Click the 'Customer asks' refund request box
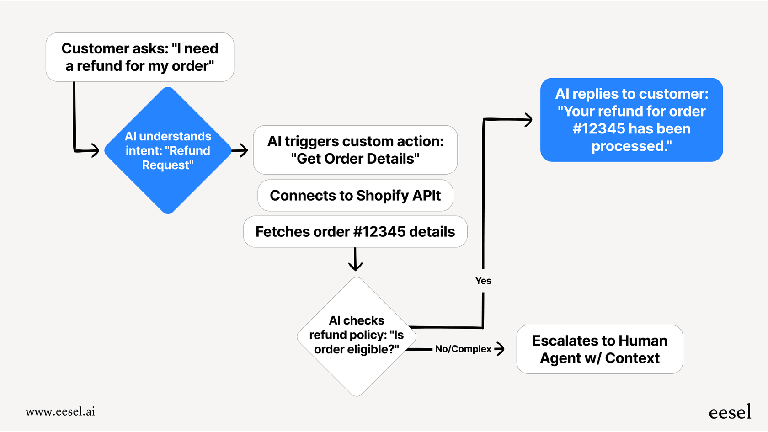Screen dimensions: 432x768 (x=140, y=57)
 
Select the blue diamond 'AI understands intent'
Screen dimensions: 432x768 (x=168, y=150)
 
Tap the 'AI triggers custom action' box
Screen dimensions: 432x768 (x=355, y=150)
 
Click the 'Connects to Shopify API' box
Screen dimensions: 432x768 (x=355, y=196)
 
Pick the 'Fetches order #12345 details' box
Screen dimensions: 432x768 (x=355, y=232)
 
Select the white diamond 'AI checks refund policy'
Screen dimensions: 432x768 (x=357, y=336)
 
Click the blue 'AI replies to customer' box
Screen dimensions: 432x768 (x=631, y=120)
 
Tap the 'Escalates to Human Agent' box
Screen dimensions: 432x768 (x=599, y=349)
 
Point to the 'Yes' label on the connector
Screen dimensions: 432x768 (x=483, y=281)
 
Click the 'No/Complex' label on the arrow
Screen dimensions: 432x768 (x=463, y=349)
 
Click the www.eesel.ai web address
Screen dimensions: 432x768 (x=60, y=411)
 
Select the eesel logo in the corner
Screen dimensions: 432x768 (x=730, y=412)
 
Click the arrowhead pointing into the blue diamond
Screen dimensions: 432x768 (x=95, y=150)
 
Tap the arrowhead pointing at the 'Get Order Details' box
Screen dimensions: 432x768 (x=243, y=150)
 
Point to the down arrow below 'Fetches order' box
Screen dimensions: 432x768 (x=355, y=265)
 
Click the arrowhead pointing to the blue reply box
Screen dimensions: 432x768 (x=528, y=120)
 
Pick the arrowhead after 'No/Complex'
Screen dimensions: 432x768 (x=500, y=349)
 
